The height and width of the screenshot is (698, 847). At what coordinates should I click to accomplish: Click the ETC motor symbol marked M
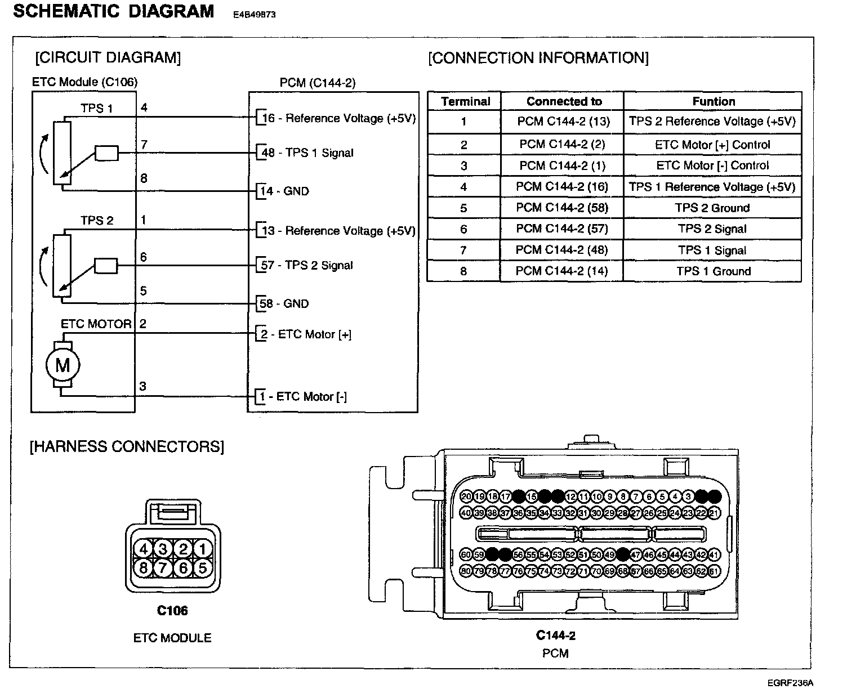(x=62, y=366)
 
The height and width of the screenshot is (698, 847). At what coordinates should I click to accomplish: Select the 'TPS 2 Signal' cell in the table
(x=712, y=229)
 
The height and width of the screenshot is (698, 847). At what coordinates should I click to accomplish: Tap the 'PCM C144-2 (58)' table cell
(x=562, y=208)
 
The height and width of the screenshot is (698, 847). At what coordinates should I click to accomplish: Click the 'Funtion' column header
(x=714, y=102)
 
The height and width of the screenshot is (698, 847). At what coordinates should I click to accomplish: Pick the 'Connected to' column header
(x=564, y=102)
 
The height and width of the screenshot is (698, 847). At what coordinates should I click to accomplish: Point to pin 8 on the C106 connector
(x=144, y=567)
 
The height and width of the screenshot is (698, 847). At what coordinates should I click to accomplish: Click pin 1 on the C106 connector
(x=202, y=549)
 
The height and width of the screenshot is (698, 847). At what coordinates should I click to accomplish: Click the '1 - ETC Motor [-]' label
(x=303, y=397)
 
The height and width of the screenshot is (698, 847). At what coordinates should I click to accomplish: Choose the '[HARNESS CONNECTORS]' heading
(x=127, y=447)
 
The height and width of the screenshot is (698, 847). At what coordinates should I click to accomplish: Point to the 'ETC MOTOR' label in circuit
(x=96, y=324)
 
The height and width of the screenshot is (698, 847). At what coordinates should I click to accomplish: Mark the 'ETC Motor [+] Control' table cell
(x=712, y=145)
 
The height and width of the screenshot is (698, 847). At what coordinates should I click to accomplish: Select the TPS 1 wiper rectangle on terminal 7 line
(x=106, y=153)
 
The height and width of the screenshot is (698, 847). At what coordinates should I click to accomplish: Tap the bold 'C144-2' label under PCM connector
(x=555, y=636)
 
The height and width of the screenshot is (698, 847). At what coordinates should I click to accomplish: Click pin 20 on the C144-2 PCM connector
(x=466, y=496)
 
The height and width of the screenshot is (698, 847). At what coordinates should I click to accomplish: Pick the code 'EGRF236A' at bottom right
(x=790, y=683)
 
